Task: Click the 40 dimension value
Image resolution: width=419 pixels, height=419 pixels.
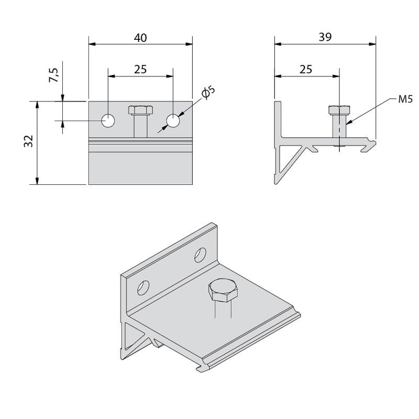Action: pos(140,37)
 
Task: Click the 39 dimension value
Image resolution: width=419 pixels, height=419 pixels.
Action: pos(325,37)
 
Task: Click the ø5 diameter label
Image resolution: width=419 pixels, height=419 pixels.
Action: pos(207,94)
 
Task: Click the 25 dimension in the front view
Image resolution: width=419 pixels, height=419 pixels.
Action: pos(140,69)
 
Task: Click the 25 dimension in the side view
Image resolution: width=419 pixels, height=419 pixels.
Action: pos(306,69)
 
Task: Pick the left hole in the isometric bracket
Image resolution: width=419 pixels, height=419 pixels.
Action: pos(143,288)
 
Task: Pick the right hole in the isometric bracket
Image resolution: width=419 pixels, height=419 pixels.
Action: pos(200,256)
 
